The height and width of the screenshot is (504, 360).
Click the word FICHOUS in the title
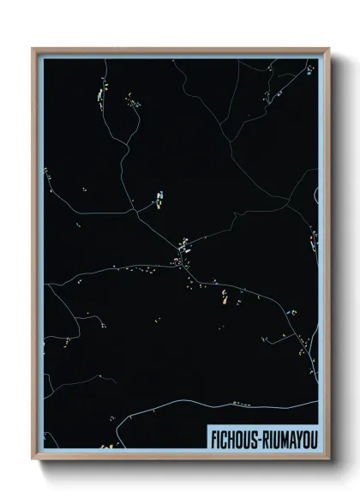click(x=235, y=436)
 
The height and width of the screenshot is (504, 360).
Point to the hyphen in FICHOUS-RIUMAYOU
click(x=259, y=437)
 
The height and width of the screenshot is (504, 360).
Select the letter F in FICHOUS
click(x=214, y=436)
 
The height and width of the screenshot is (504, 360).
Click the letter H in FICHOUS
click(x=231, y=436)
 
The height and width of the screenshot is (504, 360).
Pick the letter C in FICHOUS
click(x=224, y=436)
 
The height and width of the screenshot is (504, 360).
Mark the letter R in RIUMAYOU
click(x=265, y=436)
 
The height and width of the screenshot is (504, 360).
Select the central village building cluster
click(x=183, y=251)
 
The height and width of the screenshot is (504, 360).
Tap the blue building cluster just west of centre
click(x=159, y=201)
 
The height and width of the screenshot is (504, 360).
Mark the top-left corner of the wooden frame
click(x=33, y=49)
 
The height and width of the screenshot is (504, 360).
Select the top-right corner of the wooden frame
click(x=329, y=49)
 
